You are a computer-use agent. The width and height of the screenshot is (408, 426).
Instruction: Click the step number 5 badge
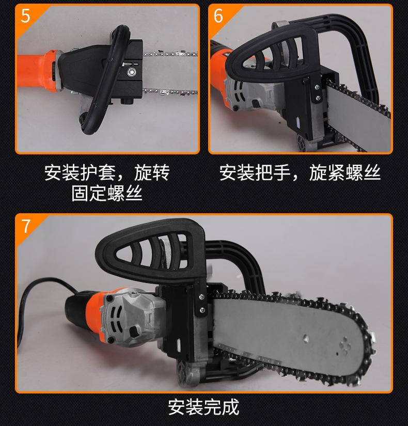click(25, 16)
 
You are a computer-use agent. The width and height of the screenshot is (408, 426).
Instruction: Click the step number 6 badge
click(218, 16)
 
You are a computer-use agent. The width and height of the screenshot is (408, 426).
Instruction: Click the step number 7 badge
click(26, 226)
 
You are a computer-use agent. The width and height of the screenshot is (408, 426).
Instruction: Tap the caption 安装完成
click(203, 407)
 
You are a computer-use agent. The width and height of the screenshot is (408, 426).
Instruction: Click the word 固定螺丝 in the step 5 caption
click(107, 194)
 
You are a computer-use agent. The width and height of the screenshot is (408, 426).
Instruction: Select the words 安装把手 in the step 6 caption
click(255, 172)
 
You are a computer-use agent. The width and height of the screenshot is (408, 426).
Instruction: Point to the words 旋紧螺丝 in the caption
click(345, 172)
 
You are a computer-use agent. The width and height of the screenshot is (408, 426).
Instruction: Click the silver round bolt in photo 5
click(132, 72)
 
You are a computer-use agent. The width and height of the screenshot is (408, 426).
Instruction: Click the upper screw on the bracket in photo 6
click(317, 87)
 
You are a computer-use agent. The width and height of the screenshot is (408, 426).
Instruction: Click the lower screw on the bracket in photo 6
click(318, 97)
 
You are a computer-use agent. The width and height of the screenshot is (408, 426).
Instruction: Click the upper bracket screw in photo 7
click(201, 297)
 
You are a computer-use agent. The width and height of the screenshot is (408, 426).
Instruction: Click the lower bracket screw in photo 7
click(202, 309)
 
